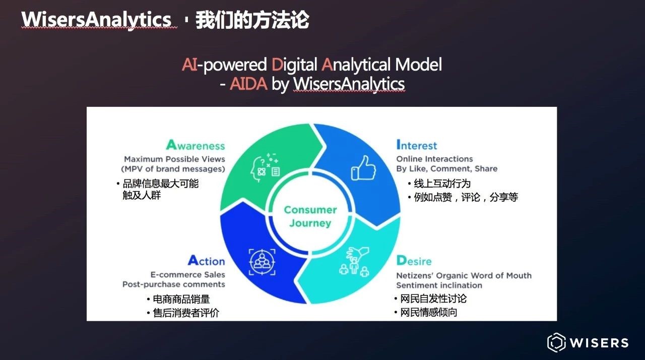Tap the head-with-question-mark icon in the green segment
265,167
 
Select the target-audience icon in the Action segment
262,262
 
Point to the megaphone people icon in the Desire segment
354,262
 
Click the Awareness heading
196,145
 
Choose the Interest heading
417,145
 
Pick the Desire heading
414,261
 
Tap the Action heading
207,261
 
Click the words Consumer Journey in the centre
310,216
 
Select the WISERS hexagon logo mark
556,343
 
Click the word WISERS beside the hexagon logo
599,343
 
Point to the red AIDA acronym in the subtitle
248,84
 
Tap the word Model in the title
418,64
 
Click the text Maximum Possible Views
174,159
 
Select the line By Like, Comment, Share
447,168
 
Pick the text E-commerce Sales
188,274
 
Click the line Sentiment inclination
439,285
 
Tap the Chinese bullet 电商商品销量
181,299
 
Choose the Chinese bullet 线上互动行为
442,184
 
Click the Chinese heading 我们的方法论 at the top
252,20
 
